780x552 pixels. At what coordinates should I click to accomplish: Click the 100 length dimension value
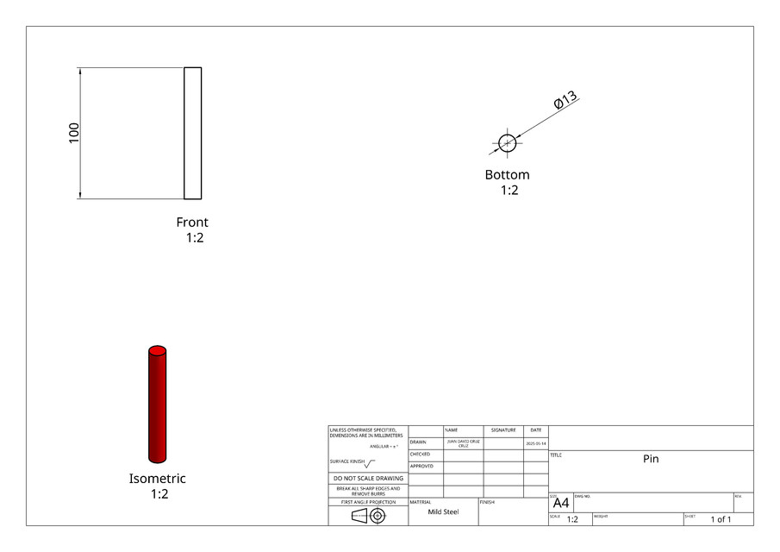tap(74, 132)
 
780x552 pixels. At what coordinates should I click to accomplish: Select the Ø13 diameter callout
tap(565, 100)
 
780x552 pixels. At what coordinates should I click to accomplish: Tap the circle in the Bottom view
tap(507, 143)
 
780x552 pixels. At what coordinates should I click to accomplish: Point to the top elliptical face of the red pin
tap(157, 351)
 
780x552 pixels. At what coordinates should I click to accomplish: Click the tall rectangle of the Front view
tap(192, 133)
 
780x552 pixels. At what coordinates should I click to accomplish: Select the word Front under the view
tap(192, 222)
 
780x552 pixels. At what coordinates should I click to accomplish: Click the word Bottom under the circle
tap(507, 175)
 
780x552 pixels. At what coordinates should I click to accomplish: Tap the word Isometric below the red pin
tap(157, 479)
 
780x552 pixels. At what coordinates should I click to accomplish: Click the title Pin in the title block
tap(651, 459)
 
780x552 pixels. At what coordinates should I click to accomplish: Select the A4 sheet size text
tap(560, 503)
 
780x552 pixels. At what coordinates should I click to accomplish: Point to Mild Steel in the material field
tap(443, 511)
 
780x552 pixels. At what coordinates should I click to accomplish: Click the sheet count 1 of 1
tap(721, 519)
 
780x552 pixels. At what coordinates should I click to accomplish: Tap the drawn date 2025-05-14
tap(535, 442)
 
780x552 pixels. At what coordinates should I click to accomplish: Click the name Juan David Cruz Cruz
tap(463, 442)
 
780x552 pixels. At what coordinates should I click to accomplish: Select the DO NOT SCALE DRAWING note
tap(368, 478)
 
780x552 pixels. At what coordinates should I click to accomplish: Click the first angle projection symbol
tap(367, 516)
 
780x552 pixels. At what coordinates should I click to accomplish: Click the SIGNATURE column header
tap(503, 430)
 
